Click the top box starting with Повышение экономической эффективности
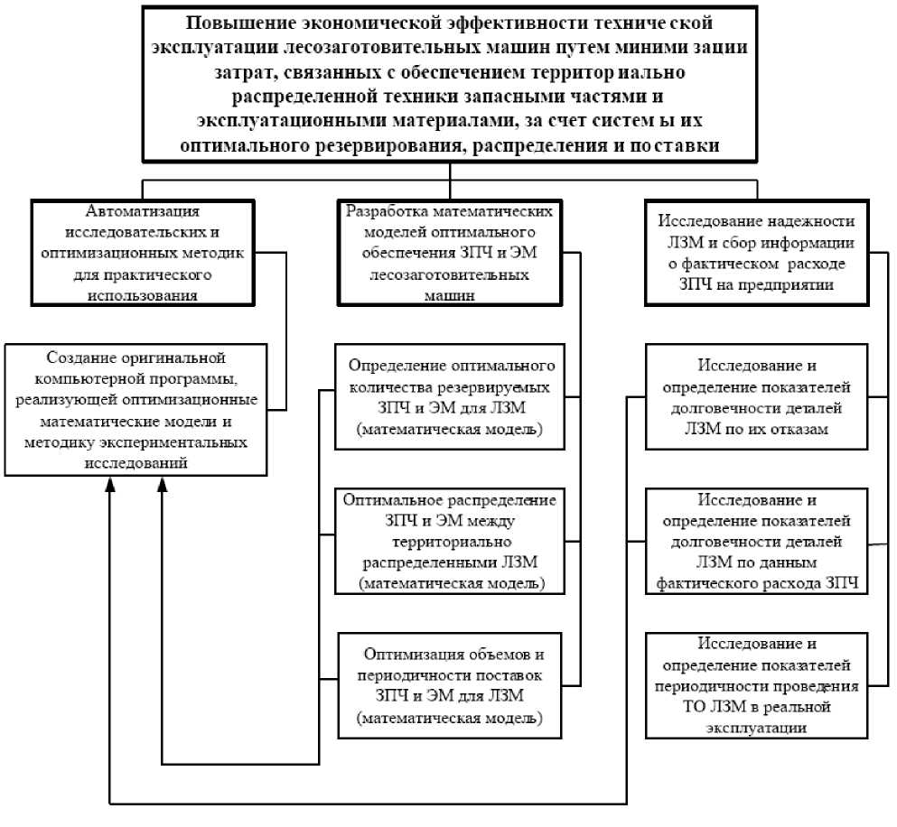pyautogui.click(x=449, y=84)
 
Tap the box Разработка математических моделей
pyautogui.click(x=450, y=252)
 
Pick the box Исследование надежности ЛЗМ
pyautogui.click(x=755, y=252)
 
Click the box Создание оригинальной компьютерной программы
pyautogui.click(x=136, y=408)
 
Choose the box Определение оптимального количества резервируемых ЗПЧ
pyautogui.click(x=449, y=398)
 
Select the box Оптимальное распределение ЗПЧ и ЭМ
pyautogui.click(x=449, y=542)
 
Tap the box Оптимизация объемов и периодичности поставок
pyautogui.click(x=449, y=685)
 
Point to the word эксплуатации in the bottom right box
pyautogui.click(x=757, y=727)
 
